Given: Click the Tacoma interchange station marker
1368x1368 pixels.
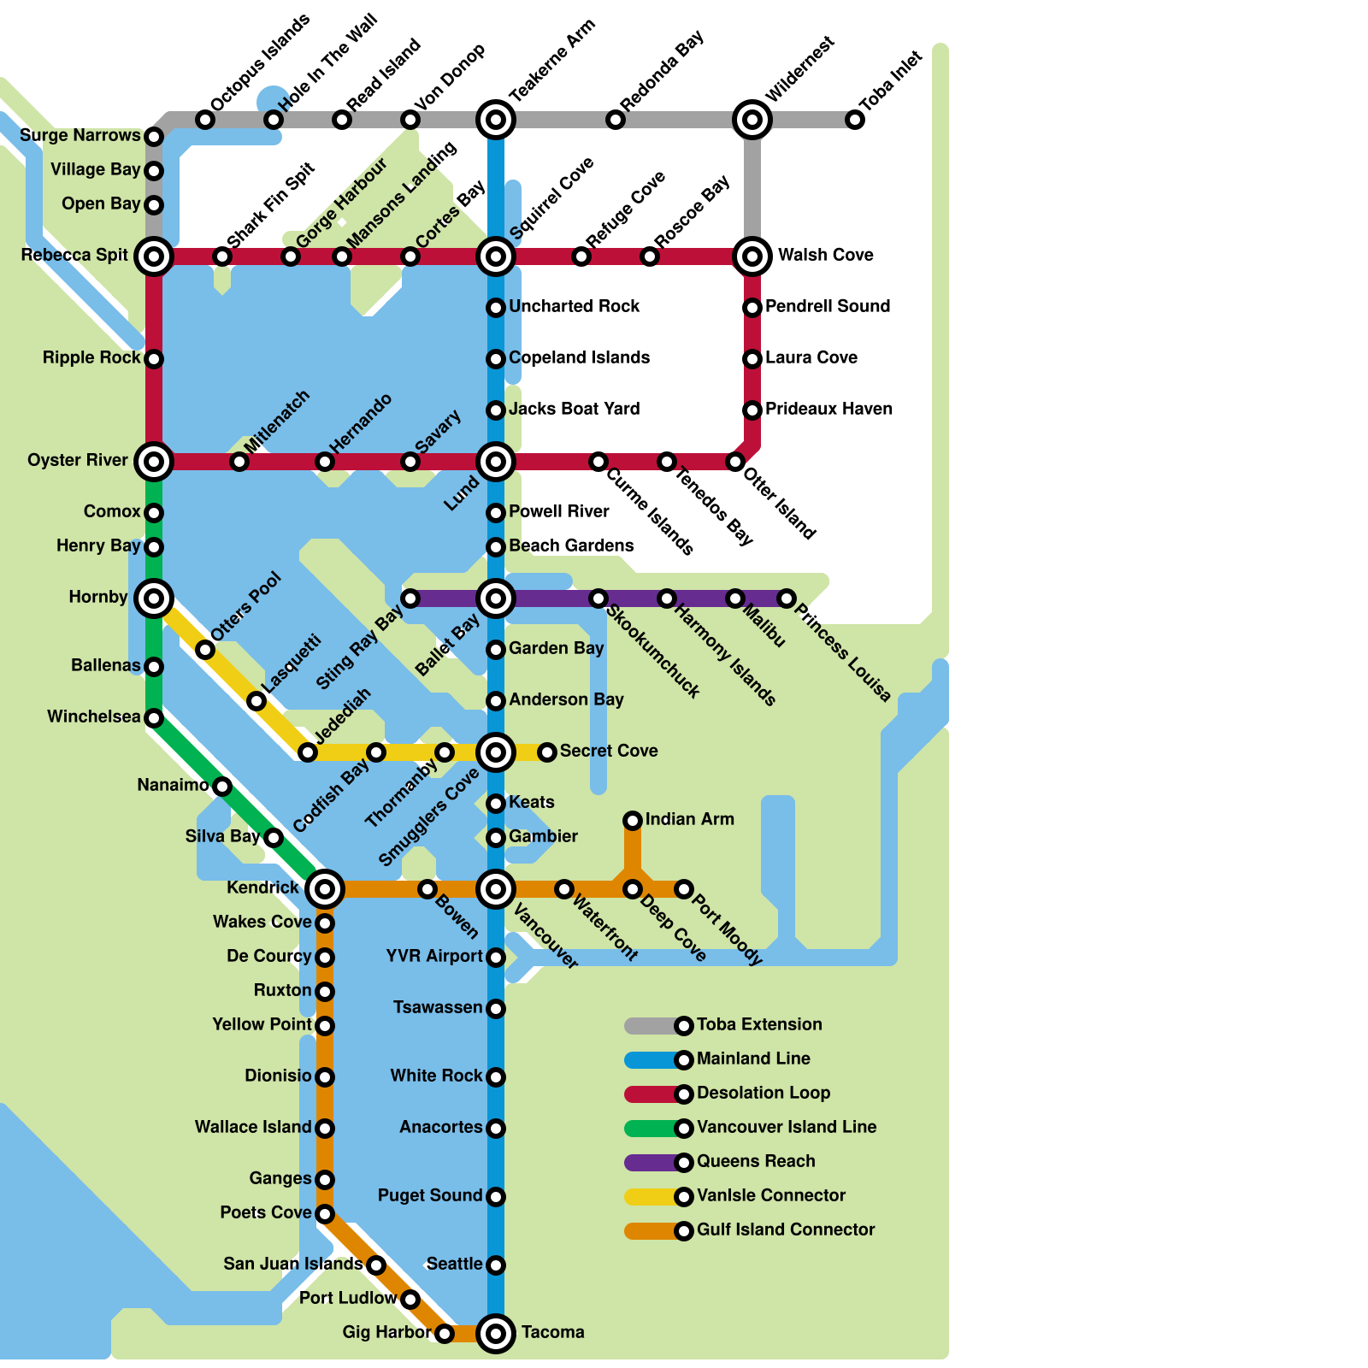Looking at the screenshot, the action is (x=496, y=1333).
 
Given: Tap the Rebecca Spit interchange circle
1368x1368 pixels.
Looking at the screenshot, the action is (x=154, y=256).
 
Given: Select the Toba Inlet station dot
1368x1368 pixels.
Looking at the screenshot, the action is (x=855, y=120).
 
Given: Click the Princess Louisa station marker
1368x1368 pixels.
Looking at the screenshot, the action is (x=787, y=598).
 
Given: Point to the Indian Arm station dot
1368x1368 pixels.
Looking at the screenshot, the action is (x=633, y=821).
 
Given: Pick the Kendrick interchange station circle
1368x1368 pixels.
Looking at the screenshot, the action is (x=325, y=889).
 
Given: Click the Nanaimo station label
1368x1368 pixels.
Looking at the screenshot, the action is (x=173, y=785).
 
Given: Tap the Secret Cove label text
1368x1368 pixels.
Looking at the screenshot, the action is (x=609, y=751).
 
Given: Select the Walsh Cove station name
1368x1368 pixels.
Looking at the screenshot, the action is (x=825, y=255).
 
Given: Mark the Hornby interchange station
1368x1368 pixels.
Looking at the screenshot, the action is (x=154, y=598).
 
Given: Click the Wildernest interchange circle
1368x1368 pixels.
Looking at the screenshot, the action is (x=752, y=120).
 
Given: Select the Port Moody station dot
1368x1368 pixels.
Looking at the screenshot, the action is (x=684, y=889).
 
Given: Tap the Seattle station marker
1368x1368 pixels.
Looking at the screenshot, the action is (x=496, y=1265).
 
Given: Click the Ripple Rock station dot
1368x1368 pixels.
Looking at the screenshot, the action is (x=154, y=359).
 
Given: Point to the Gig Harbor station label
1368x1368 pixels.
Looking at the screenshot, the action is (x=386, y=1332).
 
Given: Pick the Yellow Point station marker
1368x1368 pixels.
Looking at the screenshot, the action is (x=325, y=1025).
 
